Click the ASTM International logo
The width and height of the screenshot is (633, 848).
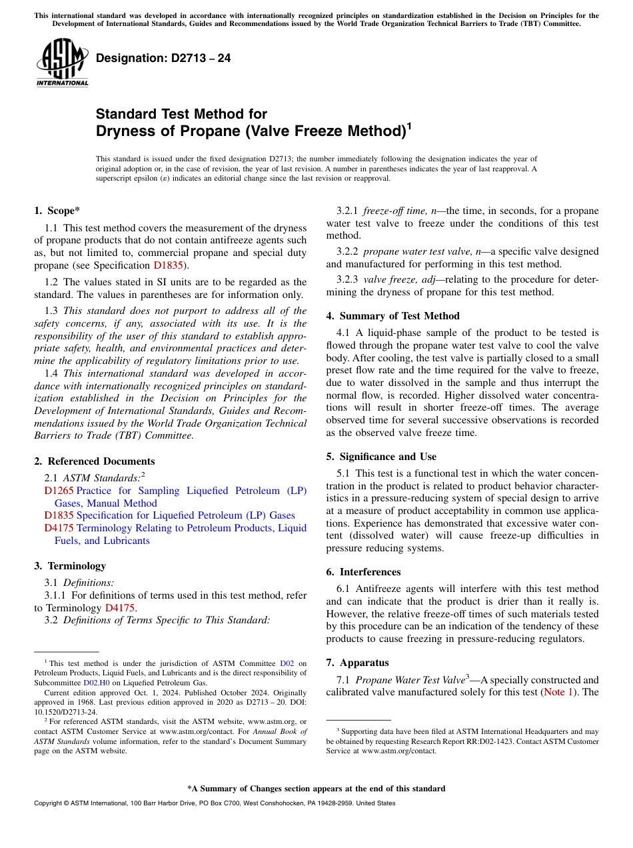point(62,62)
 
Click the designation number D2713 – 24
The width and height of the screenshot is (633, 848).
point(163,58)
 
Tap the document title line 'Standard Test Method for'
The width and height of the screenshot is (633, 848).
point(181,114)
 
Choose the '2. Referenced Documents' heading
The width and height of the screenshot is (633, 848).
point(94,461)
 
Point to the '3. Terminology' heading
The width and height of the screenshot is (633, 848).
point(70,566)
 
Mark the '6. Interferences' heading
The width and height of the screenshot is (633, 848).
point(363,572)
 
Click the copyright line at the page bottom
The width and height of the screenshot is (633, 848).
point(214,803)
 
